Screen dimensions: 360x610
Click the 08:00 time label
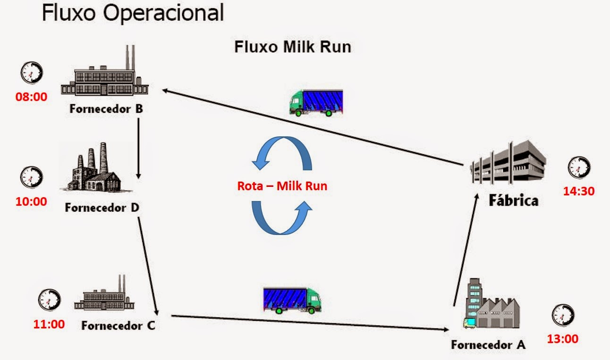tap(32, 98)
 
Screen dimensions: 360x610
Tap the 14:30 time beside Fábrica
tap(578, 191)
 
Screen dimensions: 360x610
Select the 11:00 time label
tap(48, 325)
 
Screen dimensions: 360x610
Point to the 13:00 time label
tap(562, 339)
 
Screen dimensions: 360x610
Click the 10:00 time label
tap(32, 202)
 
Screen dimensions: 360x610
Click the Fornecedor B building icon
tap(105, 73)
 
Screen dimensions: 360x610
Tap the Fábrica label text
tap(513, 200)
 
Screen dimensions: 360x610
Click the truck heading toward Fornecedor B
tap(316, 102)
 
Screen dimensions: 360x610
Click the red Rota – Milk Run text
tap(282, 186)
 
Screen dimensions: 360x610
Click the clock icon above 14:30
tap(579, 168)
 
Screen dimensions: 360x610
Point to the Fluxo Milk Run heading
tap(293, 48)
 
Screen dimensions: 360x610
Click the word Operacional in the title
tap(163, 14)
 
